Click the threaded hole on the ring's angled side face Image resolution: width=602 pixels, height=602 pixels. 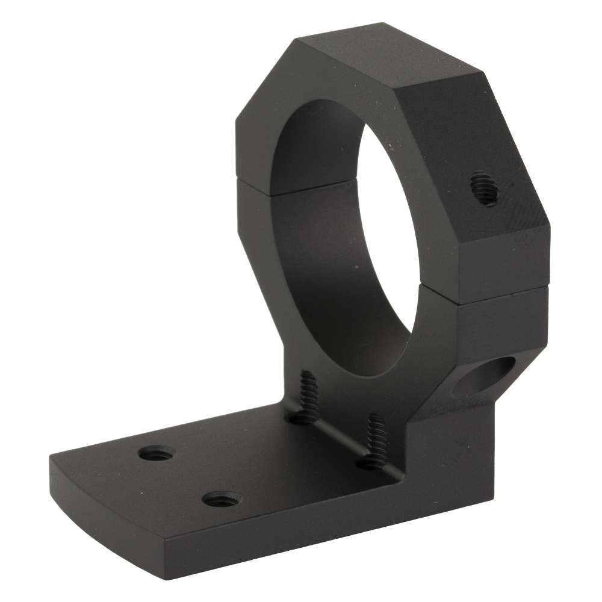(483, 188)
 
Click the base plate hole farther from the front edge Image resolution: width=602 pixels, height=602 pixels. (157, 453)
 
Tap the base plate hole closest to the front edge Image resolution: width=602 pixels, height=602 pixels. (220, 499)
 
